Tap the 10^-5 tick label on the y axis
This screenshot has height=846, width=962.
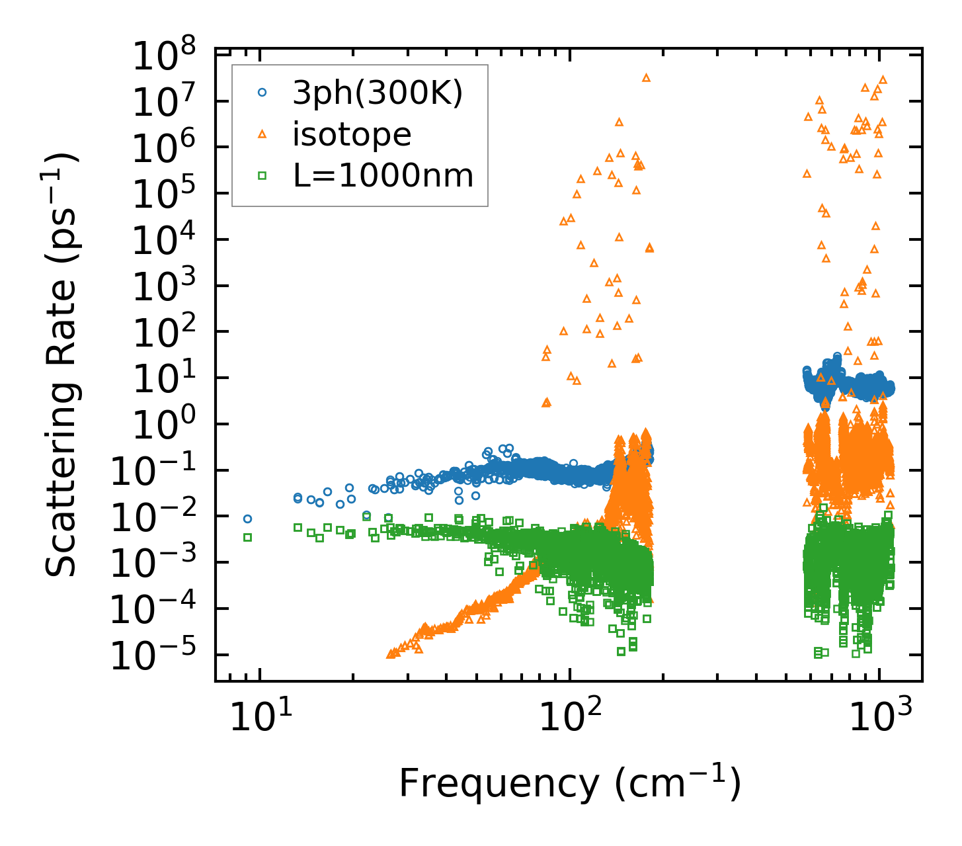pyautogui.click(x=156, y=657)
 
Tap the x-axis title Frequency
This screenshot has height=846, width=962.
pyautogui.click(x=569, y=785)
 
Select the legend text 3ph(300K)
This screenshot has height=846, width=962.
pyautogui.click(x=378, y=94)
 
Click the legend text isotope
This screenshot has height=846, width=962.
pyautogui.click(x=352, y=135)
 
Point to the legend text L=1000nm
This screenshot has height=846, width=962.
pyautogui.click(x=383, y=176)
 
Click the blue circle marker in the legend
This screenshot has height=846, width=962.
pyautogui.click(x=262, y=93)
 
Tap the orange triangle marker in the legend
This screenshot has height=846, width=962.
pyautogui.click(x=262, y=134)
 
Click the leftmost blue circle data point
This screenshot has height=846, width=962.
pyautogui.click(x=247, y=519)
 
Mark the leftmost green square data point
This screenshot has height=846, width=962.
pyautogui.click(x=247, y=537)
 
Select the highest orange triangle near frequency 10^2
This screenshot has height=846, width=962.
pyautogui.click(x=646, y=77)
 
